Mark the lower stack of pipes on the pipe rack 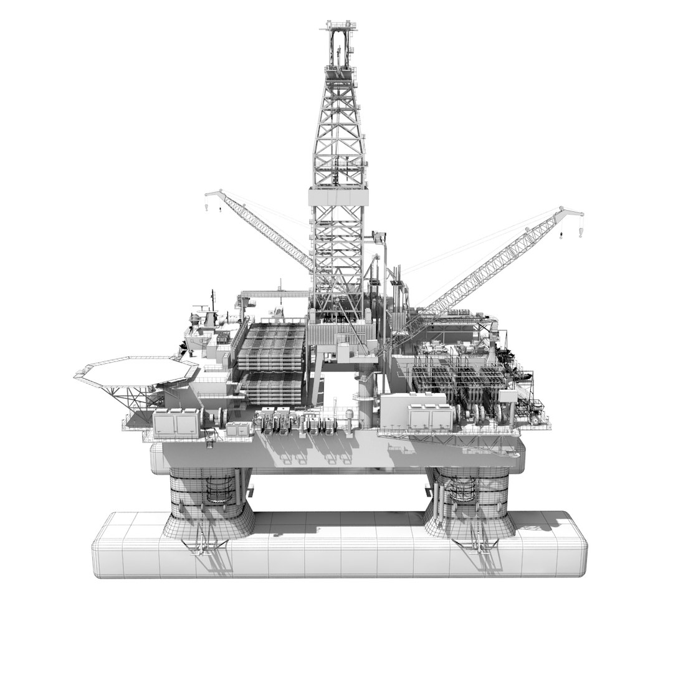274,388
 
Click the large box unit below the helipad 176,423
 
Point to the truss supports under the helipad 134,395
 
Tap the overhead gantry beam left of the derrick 274,292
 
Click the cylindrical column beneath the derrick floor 365,399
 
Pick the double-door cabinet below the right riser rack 427,416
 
